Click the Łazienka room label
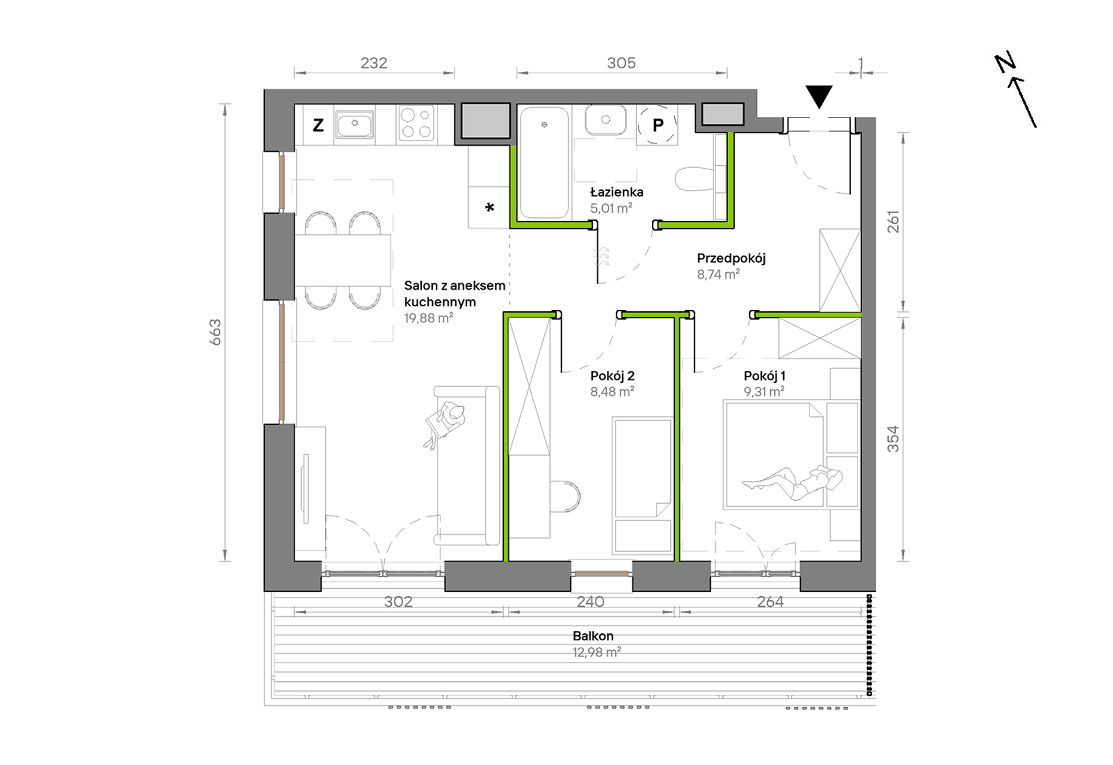tap(616, 192)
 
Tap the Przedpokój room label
tap(731, 258)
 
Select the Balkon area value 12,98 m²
tap(596, 652)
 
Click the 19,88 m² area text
tap(428, 318)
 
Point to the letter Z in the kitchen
tap(318, 125)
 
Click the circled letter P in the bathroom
tap(658, 125)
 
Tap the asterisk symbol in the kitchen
tap(490, 207)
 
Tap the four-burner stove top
tap(416, 123)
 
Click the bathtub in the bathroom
tap(544, 162)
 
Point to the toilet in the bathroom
tap(695, 179)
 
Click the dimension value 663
tap(216, 332)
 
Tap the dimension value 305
tap(622, 63)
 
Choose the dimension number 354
tap(893, 439)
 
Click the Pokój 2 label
tap(612, 376)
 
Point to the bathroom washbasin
tap(606, 120)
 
